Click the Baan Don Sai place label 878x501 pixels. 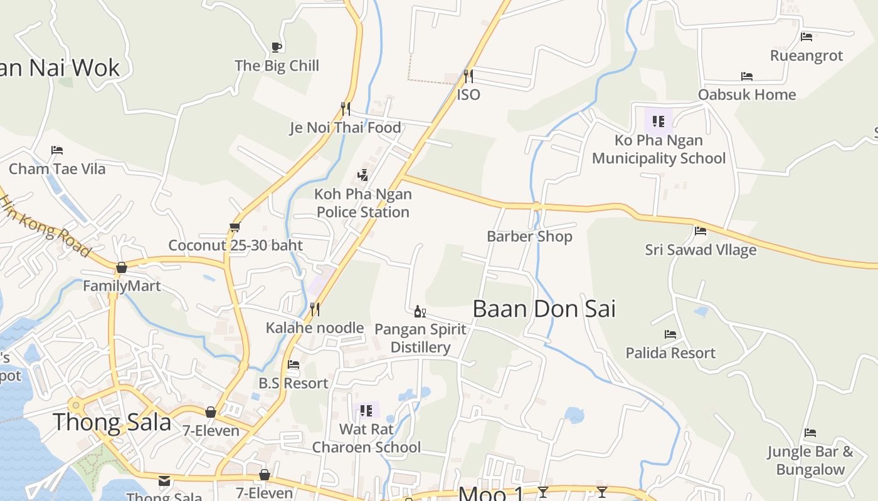click(x=544, y=309)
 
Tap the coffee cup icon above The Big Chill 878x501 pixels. click(x=276, y=47)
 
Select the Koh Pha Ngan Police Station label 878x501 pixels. click(x=363, y=203)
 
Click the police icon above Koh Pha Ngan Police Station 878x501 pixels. click(x=362, y=175)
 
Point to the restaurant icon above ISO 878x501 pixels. click(x=468, y=76)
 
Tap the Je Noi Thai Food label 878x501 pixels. click(x=345, y=128)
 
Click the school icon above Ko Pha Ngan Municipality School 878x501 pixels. click(x=658, y=121)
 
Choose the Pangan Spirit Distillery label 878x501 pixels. click(x=420, y=338)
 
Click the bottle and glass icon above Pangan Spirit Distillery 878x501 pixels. click(x=420, y=311)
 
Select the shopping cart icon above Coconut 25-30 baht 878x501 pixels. click(x=235, y=227)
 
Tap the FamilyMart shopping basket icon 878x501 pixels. click(x=122, y=267)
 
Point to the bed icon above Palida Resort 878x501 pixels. click(x=670, y=334)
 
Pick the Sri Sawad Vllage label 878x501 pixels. click(x=701, y=250)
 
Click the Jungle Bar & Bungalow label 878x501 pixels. click(x=810, y=460)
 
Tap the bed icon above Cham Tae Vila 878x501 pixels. click(x=57, y=150)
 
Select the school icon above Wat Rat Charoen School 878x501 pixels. click(x=366, y=411)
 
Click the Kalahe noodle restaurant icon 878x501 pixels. click(x=315, y=309)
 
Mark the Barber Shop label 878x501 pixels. click(x=529, y=237)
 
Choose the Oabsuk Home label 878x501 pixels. click(x=747, y=95)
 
